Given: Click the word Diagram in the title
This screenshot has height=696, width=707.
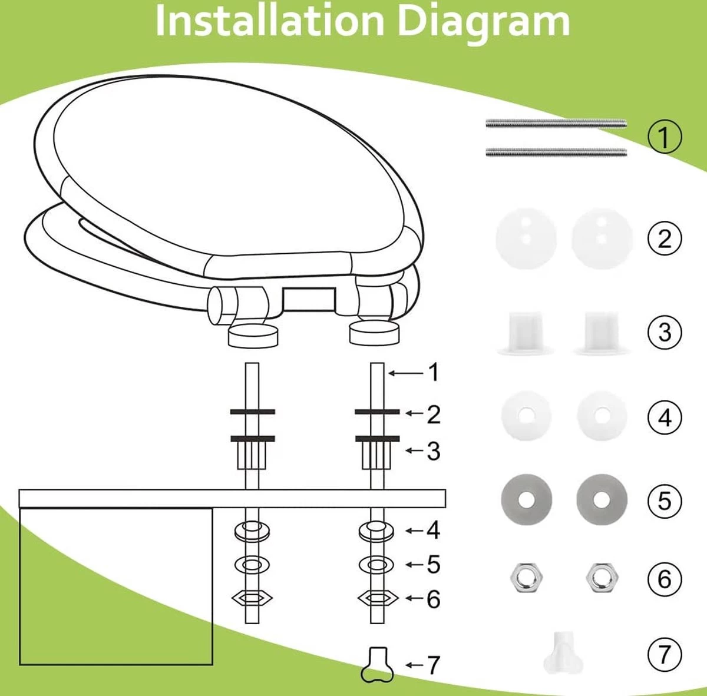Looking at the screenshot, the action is [x=483, y=22].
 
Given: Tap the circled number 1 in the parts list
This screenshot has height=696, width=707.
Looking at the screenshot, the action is [x=665, y=137].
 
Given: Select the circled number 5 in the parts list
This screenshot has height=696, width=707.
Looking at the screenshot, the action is [x=665, y=501].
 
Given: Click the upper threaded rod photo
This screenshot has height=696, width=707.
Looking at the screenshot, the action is [x=556, y=124].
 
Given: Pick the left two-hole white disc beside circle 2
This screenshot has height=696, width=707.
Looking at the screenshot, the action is [x=526, y=238].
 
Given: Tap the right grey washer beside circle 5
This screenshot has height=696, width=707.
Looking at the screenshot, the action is [x=602, y=499].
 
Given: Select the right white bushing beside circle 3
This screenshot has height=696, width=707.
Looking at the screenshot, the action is [x=601, y=333].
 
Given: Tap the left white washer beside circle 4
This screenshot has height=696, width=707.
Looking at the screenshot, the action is [x=526, y=415].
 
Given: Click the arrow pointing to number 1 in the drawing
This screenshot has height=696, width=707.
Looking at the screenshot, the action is [x=406, y=373].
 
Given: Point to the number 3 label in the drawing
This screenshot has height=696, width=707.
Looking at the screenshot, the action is [x=433, y=451].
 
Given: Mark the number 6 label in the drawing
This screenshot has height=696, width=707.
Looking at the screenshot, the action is [x=433, y=599].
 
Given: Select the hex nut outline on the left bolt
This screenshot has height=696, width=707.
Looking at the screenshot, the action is [x=252, y=598].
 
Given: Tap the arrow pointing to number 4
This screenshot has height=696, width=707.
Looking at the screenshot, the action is [x=415, y=531].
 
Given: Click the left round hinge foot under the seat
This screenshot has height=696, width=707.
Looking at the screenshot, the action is [x=252, y=335].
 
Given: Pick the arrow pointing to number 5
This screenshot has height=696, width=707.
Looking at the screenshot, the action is [x=415, y=564].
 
